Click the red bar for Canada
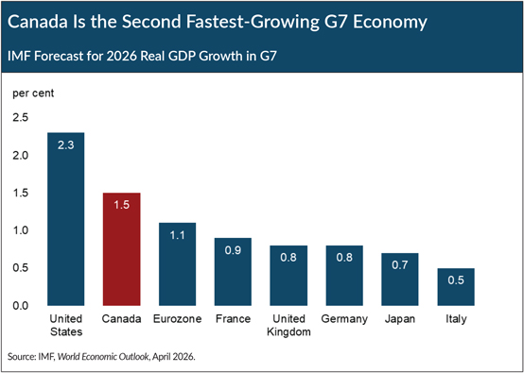coord(122,249)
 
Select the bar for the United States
coord(66,219)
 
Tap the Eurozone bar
coord(177,263)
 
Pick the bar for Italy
coord(456,286)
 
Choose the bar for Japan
coord(400,280)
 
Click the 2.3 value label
coord(66,145)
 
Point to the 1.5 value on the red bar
coord(122,205)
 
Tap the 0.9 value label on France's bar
coord(233,250)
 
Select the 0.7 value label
coord(400,265)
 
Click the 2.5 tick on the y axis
coord(21,118)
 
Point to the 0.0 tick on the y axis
coord(21,306)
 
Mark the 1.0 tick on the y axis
coord(21,230)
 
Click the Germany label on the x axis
coord(344,319)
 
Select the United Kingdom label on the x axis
coord(288,325)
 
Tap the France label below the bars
coord(233,319)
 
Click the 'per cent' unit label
coord(33,93)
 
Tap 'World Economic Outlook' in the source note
coord(104,357)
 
